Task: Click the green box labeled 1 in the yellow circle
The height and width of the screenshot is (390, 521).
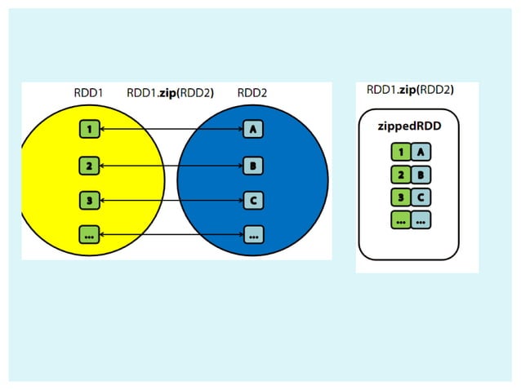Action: click(89, 129)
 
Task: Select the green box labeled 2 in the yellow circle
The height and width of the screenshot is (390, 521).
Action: click(89, 165)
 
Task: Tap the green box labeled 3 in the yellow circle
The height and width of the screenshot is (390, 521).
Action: click(89, 199)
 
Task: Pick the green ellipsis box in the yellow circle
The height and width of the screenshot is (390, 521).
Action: click(89, 234)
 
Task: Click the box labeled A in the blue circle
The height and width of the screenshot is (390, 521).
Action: click(253, 129)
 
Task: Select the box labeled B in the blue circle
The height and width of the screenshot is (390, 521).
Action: click(253, 165)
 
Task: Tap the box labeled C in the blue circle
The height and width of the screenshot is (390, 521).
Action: click(253, 199)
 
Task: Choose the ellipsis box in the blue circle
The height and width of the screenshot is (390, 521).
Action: click(253, 234)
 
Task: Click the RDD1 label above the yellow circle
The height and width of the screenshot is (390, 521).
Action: click(88, 93)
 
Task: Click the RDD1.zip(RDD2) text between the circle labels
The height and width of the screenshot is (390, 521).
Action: click(170, 93)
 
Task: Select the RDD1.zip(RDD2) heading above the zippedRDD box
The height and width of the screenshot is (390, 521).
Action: click(410, 90)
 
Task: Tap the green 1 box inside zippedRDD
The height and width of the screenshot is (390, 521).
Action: click(400, 151)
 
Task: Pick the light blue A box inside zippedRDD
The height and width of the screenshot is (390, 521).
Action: click(421, 151)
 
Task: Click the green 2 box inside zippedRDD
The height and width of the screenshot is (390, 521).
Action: click(400, 174)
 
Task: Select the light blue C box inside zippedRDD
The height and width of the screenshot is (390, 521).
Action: click(421, 197)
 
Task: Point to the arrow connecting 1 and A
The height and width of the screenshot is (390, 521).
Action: click(171, 129)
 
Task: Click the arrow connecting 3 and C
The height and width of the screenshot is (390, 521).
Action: click(171, 199)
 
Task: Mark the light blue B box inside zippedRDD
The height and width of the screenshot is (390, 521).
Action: click(421, 174)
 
